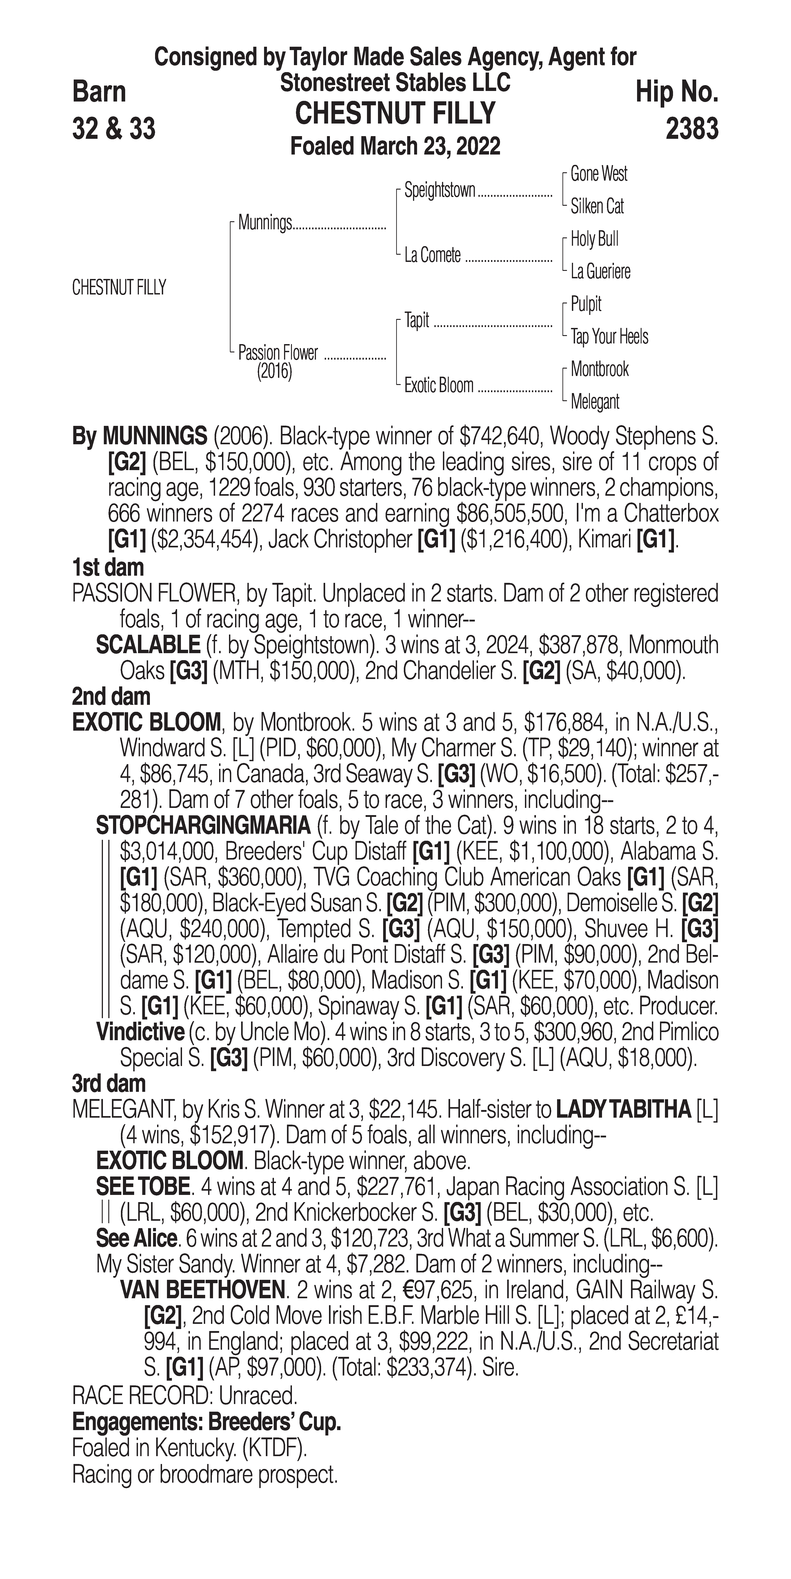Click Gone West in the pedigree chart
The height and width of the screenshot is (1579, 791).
598,174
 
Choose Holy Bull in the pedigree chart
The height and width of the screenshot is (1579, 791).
594,239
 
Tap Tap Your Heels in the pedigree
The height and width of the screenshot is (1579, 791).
609,336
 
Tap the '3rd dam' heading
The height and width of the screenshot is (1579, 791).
109,1084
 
